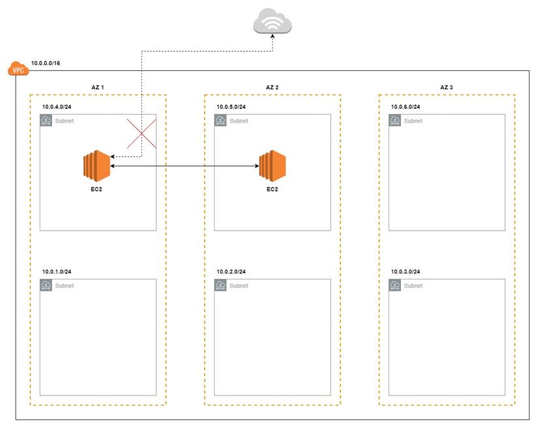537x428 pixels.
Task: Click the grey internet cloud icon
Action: pyautogui.click(x=272, y=23)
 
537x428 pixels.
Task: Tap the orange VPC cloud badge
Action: pyautogui.click(x=18, y=69)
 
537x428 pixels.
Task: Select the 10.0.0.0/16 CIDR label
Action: pyautogui.click(x=46, y=64)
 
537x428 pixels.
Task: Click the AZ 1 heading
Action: pyautogui.click(x=98, y=87)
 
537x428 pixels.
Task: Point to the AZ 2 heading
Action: pyautogui.click(x=272, y=87)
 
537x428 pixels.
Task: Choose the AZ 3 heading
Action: pyautogui.click(x=447, y=87)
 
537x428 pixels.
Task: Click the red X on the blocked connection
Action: pyautogui.click(x=142, y=134)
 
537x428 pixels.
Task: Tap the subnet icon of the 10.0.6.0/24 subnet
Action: pyautogui.click(x=395, y=121)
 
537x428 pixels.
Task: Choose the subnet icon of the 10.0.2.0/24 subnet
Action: pyautogui.click(x=221, y=285)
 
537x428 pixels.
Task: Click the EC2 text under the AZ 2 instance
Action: pyautogui.click(x=272, y=190)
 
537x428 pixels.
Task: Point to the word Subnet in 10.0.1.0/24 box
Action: pyautogui.click(x=64, y=286)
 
